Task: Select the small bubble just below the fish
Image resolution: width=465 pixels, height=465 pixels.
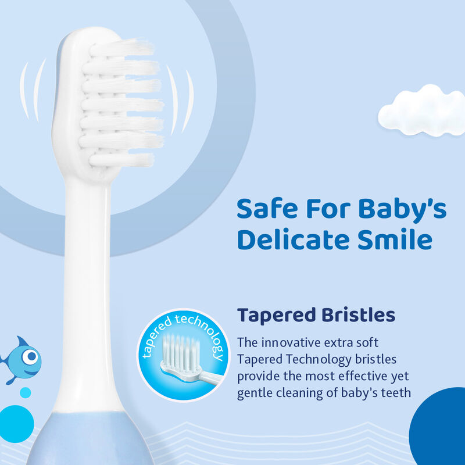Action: [x=25, y=392]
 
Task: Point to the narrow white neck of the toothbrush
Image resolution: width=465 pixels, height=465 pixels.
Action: [x=87, y=262]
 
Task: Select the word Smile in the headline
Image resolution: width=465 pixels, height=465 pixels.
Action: [x=401, y=239]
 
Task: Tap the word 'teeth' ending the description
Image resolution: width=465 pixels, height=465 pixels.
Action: [x=396, y=394]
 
